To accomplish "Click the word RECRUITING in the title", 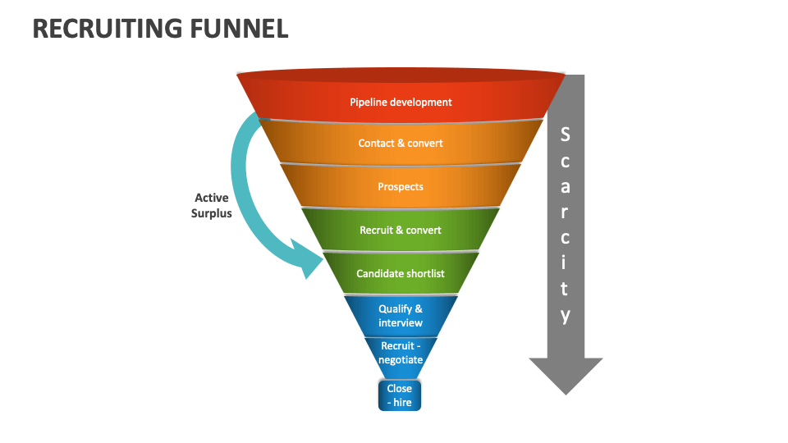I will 103,29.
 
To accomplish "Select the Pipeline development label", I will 401,103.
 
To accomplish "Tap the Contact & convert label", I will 401,144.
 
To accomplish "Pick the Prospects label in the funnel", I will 401,187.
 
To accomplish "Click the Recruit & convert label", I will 401,231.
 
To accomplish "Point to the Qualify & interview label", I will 401,316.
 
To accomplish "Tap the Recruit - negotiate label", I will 401,353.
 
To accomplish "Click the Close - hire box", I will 400,395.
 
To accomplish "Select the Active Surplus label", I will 212,205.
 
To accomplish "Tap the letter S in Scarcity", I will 565,134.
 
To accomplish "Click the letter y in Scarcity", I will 565,316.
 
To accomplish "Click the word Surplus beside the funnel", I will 212,213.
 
